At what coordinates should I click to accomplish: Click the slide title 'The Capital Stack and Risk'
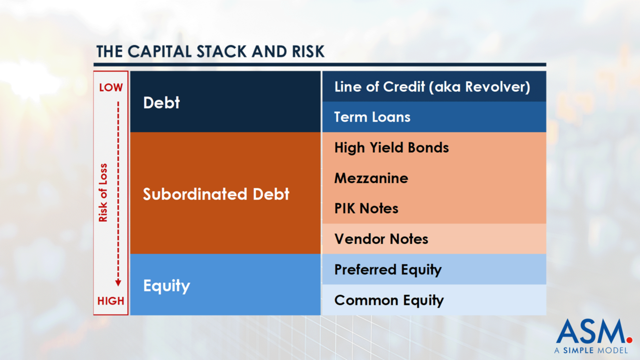(210, 51)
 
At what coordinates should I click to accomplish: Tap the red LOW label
(110, 87)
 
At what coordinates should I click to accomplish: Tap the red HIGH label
(110, 301)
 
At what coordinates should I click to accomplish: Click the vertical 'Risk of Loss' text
(103, 192)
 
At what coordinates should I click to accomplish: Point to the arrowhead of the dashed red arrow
(118, 282)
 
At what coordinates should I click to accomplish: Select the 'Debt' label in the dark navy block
(161, 102)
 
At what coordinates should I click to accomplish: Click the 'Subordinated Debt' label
(216, 194)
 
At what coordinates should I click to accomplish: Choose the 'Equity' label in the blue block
(166, 285)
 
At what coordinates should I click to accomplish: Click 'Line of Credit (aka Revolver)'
(432, 86)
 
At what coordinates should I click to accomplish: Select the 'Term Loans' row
(372, 117)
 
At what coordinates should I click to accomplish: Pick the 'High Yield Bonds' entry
(391, 147)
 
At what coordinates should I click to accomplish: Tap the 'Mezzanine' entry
(371, 178)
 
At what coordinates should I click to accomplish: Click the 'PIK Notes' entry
(366, 208)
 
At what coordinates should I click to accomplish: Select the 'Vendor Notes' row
(381, 238)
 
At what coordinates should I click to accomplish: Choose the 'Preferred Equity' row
(387, 269)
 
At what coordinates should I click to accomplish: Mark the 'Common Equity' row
(388, 300)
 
